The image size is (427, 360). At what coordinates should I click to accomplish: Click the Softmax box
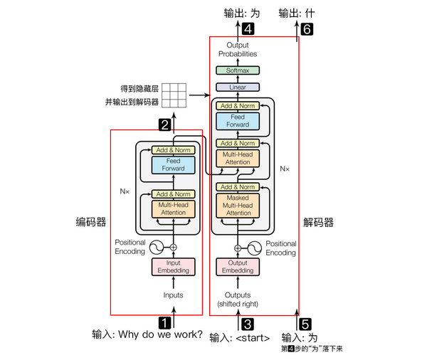238,71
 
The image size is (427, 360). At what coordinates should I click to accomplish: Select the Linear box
238,87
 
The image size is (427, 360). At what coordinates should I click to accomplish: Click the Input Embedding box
172,267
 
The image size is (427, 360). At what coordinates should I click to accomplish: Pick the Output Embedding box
238,267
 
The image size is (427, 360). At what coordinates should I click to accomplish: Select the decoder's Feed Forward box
238,121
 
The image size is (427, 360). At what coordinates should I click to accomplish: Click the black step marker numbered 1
164,322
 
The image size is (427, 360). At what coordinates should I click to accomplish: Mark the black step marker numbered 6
307,29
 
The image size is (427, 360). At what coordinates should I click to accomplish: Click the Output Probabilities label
238,49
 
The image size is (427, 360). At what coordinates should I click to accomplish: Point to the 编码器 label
92,222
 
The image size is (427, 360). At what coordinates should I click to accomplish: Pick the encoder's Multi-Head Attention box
172,208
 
